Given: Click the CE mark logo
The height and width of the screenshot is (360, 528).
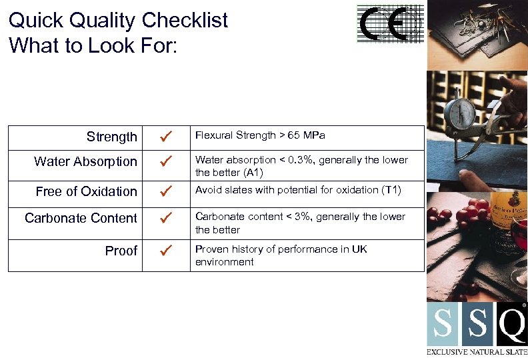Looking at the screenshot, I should click(391, 25).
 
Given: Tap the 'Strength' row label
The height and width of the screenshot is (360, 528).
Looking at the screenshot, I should click(111, 137).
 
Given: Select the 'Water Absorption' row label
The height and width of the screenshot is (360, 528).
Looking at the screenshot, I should click(85, 161).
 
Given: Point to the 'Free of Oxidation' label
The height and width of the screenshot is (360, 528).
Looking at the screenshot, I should click(86, 191).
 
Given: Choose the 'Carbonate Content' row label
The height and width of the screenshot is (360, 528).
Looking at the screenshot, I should click(81, 218).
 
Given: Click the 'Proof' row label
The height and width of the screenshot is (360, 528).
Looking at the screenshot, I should click(121, 251).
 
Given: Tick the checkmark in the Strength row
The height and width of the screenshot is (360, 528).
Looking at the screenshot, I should click(167, 137).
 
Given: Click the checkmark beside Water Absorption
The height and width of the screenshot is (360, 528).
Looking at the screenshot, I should click(167, 161).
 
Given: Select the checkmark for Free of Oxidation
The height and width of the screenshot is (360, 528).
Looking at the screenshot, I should click(167, 191).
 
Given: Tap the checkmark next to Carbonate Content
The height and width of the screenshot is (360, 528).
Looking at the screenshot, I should click(167, 218).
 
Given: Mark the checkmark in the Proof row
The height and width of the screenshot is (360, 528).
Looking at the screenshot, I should click(167, 251).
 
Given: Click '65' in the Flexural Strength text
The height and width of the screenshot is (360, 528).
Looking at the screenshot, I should click(293, 135).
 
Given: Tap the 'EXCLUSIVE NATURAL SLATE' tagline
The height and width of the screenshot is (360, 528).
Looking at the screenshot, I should click(477, 351).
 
